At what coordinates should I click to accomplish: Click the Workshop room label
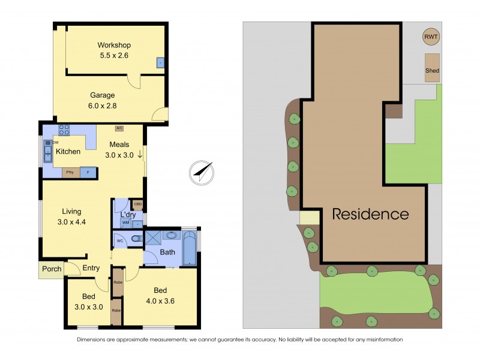[114, 45]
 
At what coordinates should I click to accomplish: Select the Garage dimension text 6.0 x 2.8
[102, 105]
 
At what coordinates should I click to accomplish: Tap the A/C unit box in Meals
[119, 128]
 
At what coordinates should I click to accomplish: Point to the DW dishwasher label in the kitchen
[55, 143]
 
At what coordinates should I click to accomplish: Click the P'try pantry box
[71, 172]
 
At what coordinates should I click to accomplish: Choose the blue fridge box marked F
[88, 172]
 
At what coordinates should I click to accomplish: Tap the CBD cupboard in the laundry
[137, 205]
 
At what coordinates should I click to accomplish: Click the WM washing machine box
[126, 223]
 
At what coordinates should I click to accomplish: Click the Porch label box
[52, 269]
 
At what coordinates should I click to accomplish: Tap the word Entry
[91, 268]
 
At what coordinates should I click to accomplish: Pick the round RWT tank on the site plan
[431, 37]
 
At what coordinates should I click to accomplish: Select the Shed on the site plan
[432, 67]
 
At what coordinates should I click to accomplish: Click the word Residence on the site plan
[371, 214]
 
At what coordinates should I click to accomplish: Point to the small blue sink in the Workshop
[160, 62]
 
